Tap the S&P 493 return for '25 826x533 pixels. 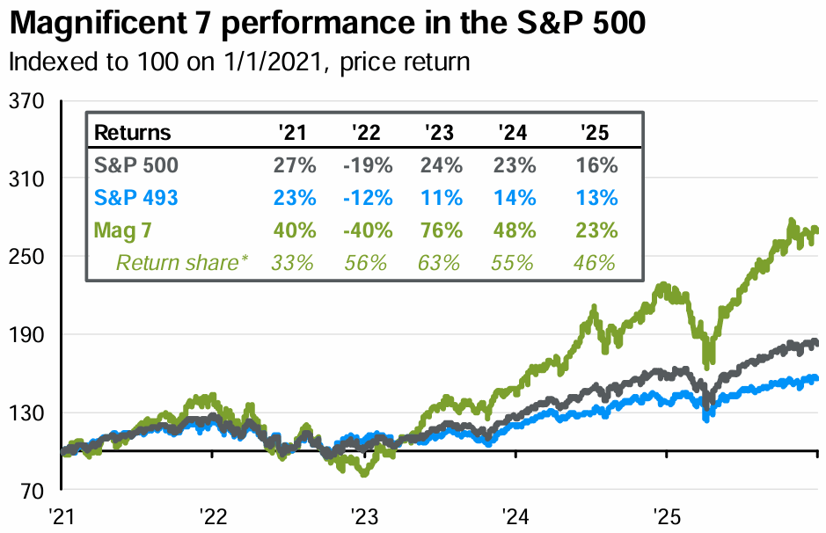(x=598, y=198)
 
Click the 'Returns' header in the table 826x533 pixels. (x=132, y=134)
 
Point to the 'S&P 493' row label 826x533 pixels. (x=136, y=198)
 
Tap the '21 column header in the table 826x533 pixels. (x=292, y=134)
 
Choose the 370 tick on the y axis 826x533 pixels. (x=26, y=102)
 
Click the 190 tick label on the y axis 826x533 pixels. (x=26, y=335)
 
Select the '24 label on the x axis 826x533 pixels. (x=513, y=514)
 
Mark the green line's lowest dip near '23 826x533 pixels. (x=363, y=472)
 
